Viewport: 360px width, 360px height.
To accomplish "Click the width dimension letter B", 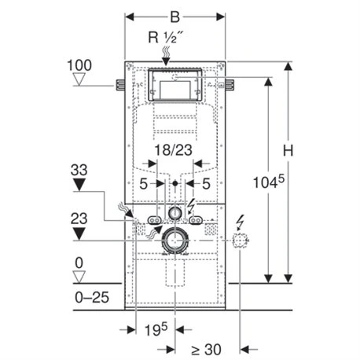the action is pos(175,17).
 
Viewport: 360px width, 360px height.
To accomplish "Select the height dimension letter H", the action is pos(288,151).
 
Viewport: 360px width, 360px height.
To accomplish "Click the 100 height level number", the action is pos(79,65).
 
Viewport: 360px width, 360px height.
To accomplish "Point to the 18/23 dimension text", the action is pos(174,150).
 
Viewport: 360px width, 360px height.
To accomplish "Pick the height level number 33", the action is pos(79,170).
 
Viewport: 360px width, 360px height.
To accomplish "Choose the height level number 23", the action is pos(79,219).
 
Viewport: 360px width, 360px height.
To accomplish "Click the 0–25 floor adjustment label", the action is pos(92,297).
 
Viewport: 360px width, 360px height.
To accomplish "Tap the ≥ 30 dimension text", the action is pos(206,349).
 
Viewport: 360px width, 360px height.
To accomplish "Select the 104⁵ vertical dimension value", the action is pos(269,182).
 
